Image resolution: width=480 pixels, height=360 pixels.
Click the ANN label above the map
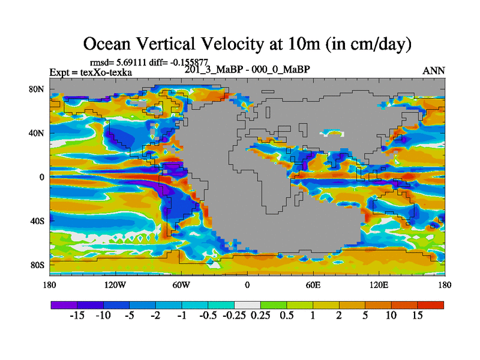(434, 71)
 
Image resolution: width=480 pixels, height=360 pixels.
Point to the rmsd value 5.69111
(133, 62)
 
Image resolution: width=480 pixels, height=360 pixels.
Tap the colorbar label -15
(77, 316)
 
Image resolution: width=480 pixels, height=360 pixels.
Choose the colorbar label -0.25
(234, 316)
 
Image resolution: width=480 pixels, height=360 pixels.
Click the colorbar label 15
(418, 316)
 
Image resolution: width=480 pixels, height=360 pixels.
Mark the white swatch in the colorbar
(247, 305)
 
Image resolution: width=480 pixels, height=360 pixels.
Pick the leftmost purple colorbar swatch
(64, 305)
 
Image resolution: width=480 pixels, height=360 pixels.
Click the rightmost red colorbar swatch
(431, 305)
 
